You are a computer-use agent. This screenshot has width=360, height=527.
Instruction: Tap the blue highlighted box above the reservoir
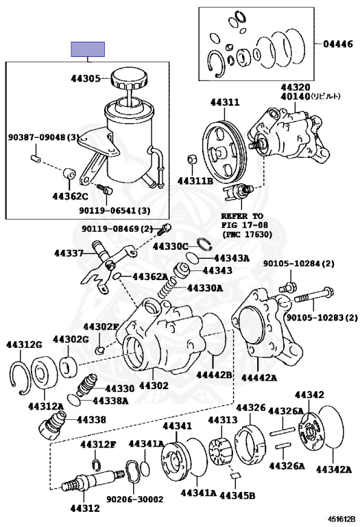tap(88, 49)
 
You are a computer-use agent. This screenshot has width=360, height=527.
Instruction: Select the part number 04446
tap(338, 44)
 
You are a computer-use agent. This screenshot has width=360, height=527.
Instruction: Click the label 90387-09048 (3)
tap(44, 137)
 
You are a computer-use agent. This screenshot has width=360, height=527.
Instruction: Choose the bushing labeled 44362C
tap(69, 174)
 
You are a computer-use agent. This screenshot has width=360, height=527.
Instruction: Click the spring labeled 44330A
tap(167, 286)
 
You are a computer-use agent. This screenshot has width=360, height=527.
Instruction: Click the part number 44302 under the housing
tap(154, 386)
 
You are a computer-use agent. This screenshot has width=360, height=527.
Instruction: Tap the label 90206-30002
tap(134, 500)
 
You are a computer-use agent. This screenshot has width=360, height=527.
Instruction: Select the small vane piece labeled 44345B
tap(236, 475)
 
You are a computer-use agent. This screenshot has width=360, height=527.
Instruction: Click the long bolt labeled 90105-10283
tap(313, 296)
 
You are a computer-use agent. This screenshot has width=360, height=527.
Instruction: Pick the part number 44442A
tap(259, 378)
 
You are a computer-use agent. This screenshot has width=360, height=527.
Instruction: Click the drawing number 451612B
tap(341, 520)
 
